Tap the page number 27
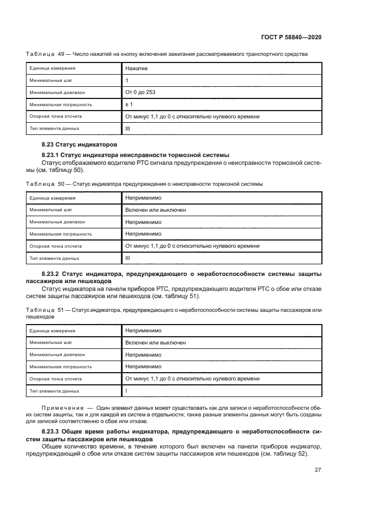(318, 470)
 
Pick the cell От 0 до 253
(140, 92)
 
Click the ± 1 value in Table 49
(129, 105)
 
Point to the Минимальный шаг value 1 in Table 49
(127, 81)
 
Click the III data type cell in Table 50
(128, 258)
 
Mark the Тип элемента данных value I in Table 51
(126, 391)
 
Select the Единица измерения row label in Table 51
(52, 331)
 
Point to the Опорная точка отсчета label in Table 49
(56, 117)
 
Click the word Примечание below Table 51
(62, 408)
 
